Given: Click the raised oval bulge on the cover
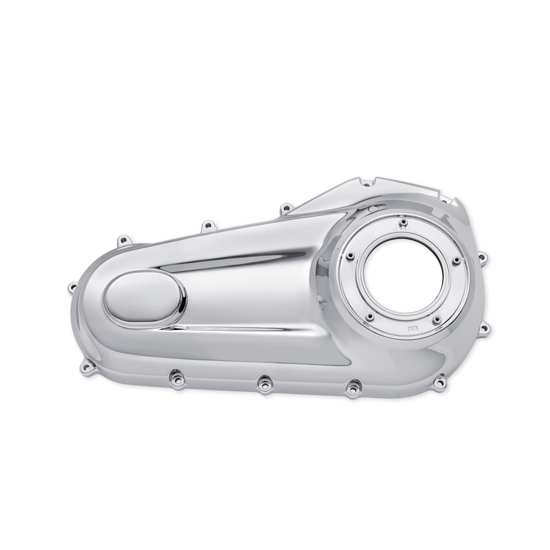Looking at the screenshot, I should [145, 303].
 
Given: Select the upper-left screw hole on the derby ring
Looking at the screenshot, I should [351, 256].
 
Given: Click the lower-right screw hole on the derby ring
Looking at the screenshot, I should [436, 318].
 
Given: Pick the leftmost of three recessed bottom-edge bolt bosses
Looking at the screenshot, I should [173, 375].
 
